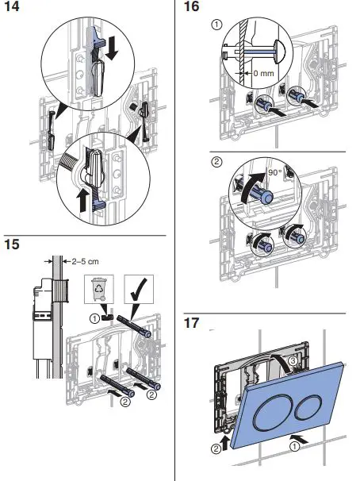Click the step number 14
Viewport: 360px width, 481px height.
[x=12, y=6]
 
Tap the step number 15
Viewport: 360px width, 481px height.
[x=12, y=244]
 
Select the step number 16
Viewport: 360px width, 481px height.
[x=191, y=6]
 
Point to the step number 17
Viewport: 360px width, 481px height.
[x=191, y=323]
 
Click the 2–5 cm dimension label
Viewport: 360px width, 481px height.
[x=85, y=262]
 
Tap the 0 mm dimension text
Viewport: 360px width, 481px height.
[x=263, y=73]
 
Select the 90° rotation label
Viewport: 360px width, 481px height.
[x=275, y=172]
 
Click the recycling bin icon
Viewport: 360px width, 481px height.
[x=99, y=289]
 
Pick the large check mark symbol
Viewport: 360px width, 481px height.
[x=139, y=288]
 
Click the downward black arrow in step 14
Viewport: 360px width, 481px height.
[x=112, y=48]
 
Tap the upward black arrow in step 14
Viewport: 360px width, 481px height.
[x=82, y=200]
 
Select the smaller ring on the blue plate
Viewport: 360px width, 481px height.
[x=308, y=408]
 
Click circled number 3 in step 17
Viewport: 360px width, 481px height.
[x=293, y=361]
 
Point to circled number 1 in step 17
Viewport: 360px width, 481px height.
[x=294, y=447]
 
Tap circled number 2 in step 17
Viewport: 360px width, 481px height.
[x=216, y=448]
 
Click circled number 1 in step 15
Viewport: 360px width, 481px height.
[x=94, y=319]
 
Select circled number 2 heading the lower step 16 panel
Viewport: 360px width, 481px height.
[x=216, y=162]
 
